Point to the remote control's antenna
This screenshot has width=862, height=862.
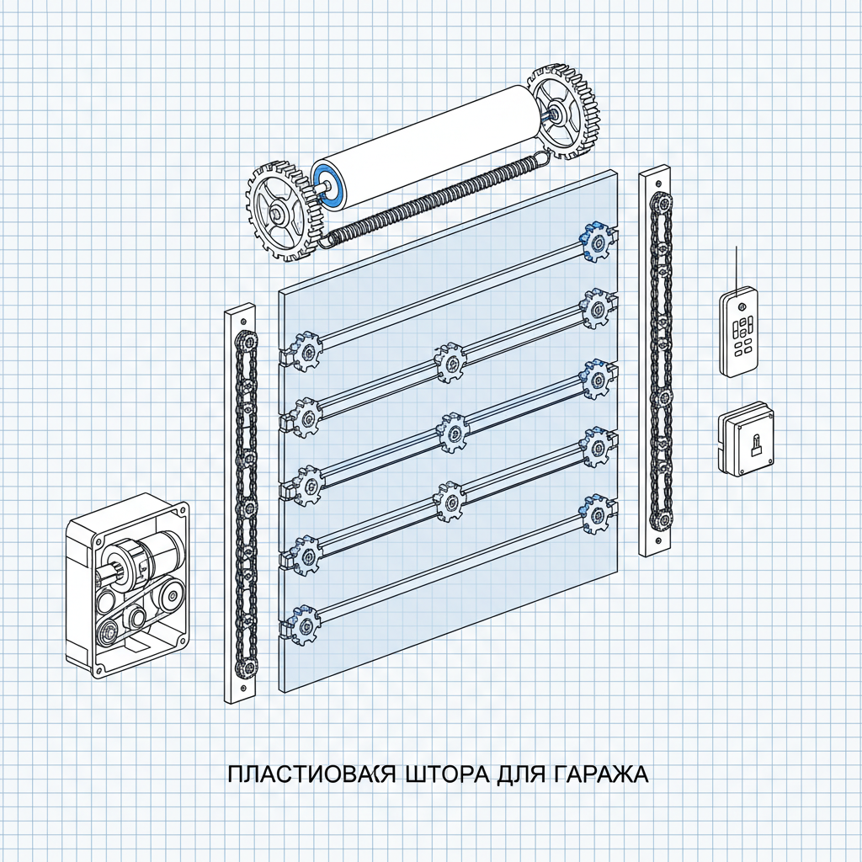point(737,268)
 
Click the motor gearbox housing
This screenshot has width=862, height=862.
point(128,583)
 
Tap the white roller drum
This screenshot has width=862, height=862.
point(429,143)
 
